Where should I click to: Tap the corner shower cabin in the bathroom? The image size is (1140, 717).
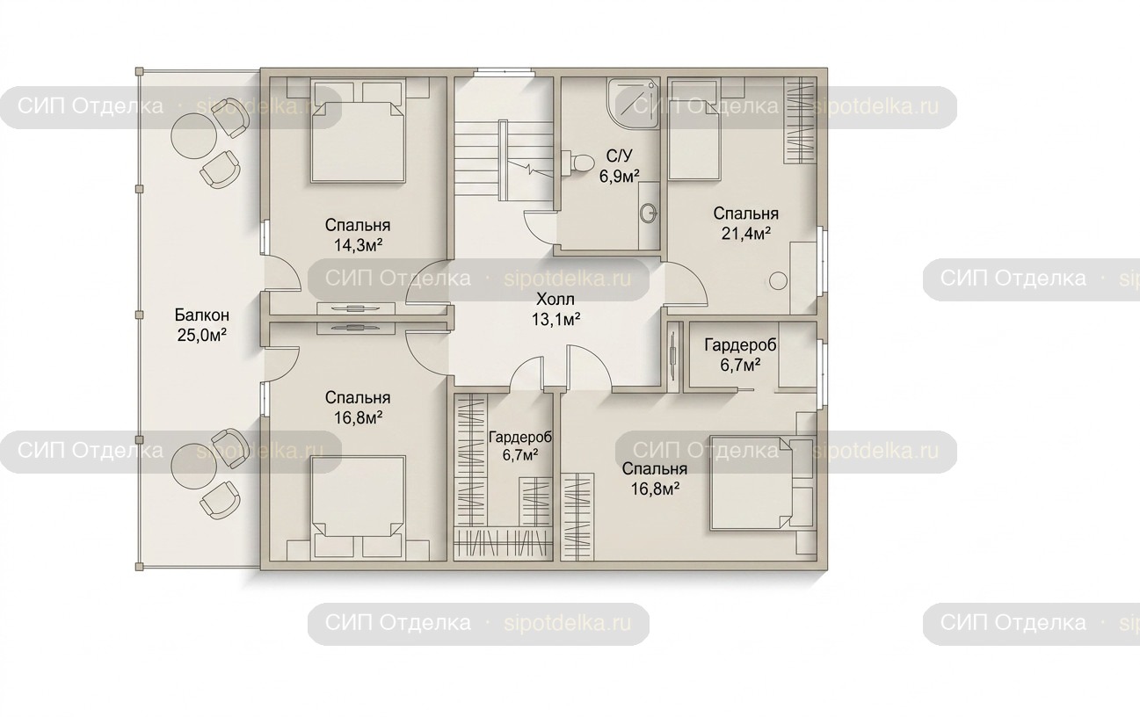click(634, 104)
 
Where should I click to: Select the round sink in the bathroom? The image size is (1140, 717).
click(649, 214)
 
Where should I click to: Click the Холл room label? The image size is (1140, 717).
click(555, 300)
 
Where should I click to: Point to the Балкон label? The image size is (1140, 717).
click(202, 315)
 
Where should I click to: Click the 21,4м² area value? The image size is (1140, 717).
click(745, 233)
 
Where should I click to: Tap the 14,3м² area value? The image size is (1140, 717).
click(358, 245)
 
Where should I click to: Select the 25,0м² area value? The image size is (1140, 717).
click(202, 335)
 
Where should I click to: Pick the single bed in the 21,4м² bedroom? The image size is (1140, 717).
click(694, 130)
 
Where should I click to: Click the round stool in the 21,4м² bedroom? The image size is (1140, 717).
click(778, 280)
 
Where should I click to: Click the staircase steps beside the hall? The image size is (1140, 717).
click(476, 158)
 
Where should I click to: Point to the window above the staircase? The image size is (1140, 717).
click(504, 72)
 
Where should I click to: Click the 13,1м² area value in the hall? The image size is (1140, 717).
click(556, 320)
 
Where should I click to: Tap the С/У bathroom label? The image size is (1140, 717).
click(620, 156)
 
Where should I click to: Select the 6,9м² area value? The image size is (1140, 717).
click(619, 176)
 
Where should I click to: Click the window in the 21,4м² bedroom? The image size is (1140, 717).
click(823, 260)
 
